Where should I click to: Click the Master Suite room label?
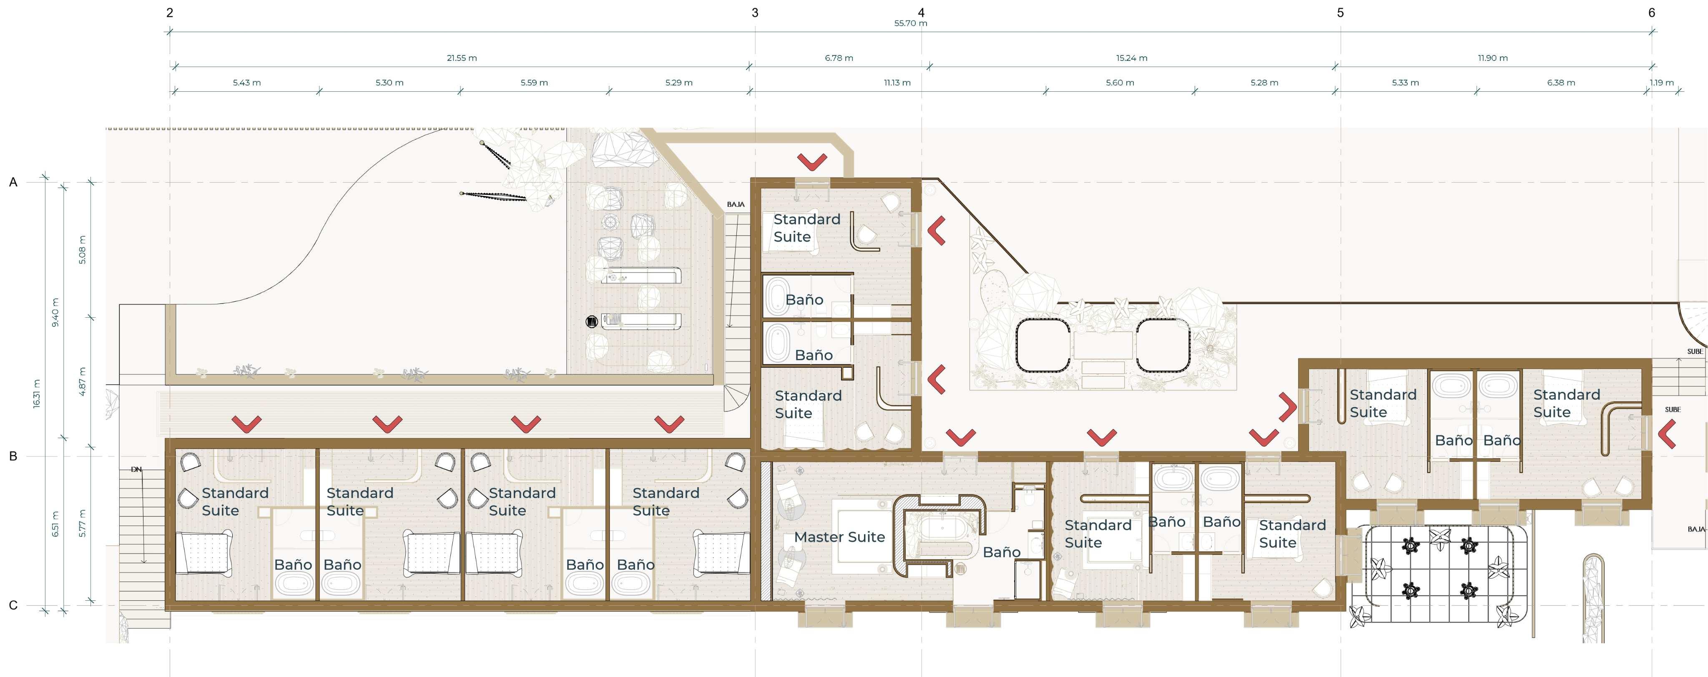click(839, 537)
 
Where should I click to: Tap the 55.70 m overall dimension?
click(910, 23)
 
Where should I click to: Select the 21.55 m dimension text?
click(462, 58)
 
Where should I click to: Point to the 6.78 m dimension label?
click(839, 58)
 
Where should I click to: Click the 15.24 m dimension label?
click(1131, 58)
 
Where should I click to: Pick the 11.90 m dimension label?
click(1492, 58)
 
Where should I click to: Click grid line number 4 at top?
click(921, 13)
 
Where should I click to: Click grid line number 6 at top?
click(1652, 13)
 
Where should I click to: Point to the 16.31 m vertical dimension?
click(36, 394)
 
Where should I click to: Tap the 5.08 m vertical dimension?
click(82, 250)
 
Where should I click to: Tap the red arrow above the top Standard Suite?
click(812, 161)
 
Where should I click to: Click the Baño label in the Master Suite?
click(1001, 552)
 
